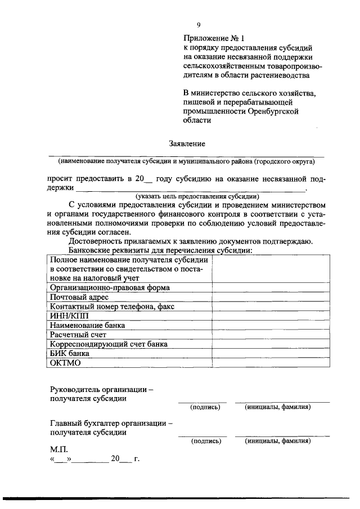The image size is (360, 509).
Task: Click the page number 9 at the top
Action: click(199, 24)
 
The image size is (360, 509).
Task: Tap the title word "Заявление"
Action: click(187, 143)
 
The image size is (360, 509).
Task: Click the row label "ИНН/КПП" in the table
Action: click(66, 316)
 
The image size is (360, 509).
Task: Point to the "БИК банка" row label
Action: click(70, 353)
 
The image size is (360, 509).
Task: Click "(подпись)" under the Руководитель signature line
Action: click(205, 407)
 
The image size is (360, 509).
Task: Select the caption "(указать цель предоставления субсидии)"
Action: click(197, 196)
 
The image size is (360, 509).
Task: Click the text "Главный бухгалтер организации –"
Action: click(111, 423)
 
